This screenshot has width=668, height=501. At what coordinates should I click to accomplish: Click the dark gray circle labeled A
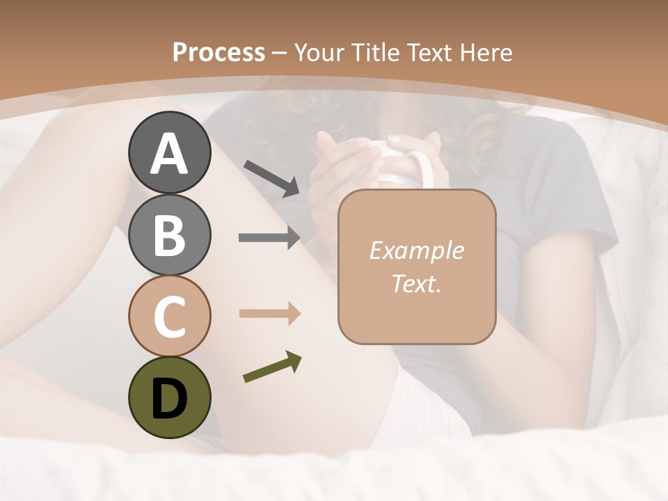[x=169, y=152]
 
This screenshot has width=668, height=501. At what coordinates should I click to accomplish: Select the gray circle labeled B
[x=169, y=234]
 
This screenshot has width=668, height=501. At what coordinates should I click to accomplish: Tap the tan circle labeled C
[x=169, y=316]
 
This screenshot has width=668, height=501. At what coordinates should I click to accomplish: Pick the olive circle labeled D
[x=169, y=397]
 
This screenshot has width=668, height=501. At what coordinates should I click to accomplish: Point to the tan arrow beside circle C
[x=270, y=314]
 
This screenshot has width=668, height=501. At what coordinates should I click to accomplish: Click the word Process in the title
[x=218, y=53]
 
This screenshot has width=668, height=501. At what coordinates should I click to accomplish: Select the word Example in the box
[x=416, y=250]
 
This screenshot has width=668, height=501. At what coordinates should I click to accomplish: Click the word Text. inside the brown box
[x=416, y=283]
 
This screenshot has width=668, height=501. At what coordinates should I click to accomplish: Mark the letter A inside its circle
[x=169, y=154]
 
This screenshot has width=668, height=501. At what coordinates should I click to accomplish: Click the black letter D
[x=169, y=399]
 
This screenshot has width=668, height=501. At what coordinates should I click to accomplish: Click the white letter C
[x=169, y=317]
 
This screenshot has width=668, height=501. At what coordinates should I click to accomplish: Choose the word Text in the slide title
[x=429, y=53]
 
